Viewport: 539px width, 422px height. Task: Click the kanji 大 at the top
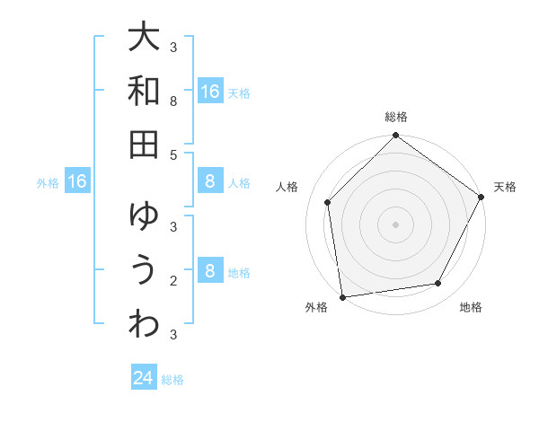point(144,39)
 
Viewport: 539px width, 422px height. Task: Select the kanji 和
point(144,91)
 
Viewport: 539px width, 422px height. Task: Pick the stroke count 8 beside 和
point(173,102)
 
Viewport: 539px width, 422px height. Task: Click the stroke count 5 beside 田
point(173,155)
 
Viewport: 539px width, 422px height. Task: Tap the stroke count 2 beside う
point(173,281)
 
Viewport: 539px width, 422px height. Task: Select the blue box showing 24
point(144,378)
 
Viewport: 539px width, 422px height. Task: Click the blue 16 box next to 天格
point(210,92)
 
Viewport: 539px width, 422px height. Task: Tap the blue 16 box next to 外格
point(77,182)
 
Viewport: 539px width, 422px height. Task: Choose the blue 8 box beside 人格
point(210,182)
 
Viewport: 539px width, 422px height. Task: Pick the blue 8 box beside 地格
point(210,272)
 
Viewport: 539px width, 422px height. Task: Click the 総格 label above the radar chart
point(396,117)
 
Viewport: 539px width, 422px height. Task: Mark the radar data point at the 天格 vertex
point(482,198)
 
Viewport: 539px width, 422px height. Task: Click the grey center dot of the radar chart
point(396,224)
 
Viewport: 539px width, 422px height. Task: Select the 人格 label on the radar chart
point(287,187)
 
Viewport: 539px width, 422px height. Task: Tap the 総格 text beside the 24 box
point(173,380)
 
